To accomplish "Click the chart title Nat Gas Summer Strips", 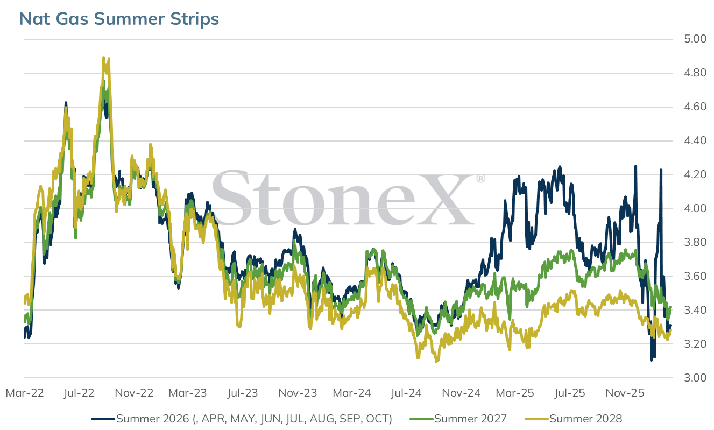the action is tap(119, 18).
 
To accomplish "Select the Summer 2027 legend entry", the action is tap(458, 419).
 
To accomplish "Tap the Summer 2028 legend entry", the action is tap(574, 419).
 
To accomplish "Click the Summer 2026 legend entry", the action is tap(242, 419).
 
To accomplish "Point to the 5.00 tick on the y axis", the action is tap(695, 39).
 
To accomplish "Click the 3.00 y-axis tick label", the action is tap(695, 378).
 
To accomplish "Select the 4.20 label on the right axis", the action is tap(695, 174).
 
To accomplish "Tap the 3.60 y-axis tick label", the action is tap(695, 276).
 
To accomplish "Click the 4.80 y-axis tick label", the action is tap(695, 73).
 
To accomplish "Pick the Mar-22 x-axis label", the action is tap(25, 393).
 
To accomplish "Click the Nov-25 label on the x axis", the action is tap(625, 393).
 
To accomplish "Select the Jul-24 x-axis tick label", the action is tap(406, 393).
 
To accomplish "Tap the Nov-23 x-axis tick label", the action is tap(298, 393).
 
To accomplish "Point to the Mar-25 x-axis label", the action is tap(515, 393).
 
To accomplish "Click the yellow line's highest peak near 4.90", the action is tap(104, 58).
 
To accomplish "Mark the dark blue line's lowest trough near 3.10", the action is tap(651, 360).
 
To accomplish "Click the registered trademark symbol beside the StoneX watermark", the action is tap(480, 179).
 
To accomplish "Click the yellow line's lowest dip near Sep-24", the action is tap(436, 362).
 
